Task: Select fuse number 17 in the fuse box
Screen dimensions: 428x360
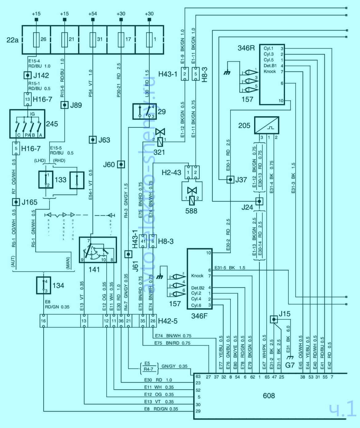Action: coord(121,39)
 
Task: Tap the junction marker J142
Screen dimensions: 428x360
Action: coord(28,75)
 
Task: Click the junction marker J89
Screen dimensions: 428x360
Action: coord(64,105)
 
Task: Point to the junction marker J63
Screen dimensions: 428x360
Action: coord(93,140)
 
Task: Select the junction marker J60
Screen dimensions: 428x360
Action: coord(121,164)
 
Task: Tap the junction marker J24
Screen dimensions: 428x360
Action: coord(259,201)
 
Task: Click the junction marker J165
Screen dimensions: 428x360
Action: coord(16,202)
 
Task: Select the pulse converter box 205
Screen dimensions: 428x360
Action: coord(266,125)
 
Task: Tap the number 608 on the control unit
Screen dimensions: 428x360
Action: coord(269,396)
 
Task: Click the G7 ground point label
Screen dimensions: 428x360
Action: coord(290,365)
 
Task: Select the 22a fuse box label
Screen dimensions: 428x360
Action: coord(12,40)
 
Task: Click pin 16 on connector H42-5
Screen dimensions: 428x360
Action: coord(44,321)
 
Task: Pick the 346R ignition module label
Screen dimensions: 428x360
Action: coord(246,48)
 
